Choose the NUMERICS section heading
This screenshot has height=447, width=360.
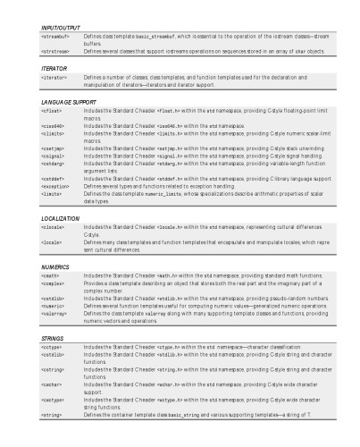tap(56, 266)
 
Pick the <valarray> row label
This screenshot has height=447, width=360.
tap(54, 313)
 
